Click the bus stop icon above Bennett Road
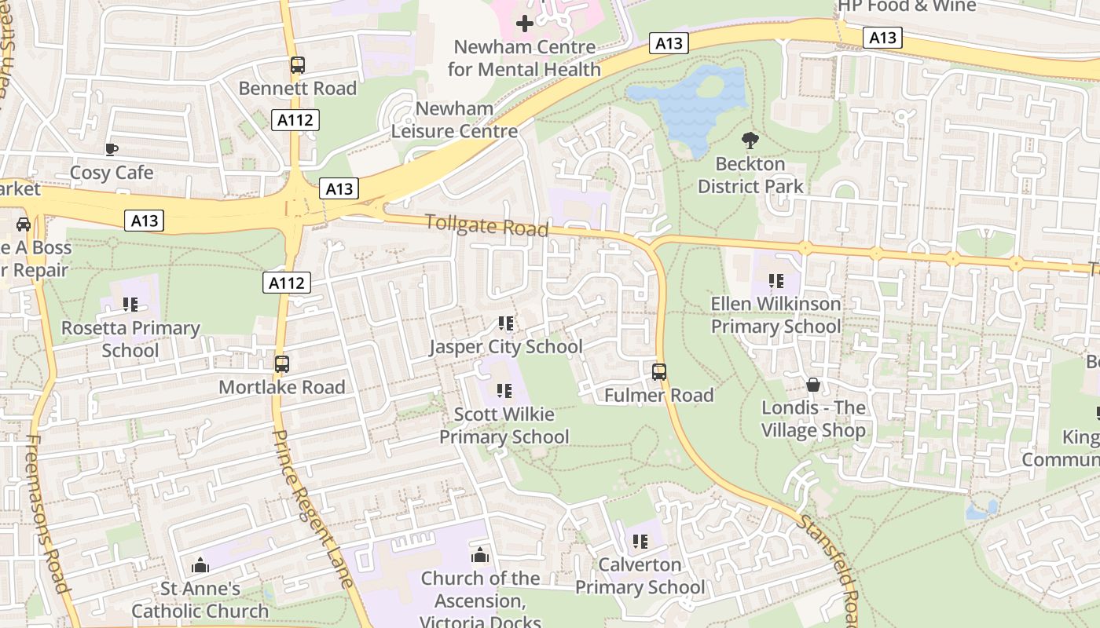pos(297,65)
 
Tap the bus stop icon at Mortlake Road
pos(281,364)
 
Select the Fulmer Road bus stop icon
pos(658,371)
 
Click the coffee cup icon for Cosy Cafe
pos(112,149)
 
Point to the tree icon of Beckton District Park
pos(750,141)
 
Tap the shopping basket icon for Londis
pos(813,385)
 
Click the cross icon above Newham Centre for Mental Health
pos(524,24)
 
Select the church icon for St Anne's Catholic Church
pos(200,565)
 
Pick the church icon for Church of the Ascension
pos(480,556)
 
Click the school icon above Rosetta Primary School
pos(130,305)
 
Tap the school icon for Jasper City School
pos(506,323)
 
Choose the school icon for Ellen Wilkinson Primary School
pos(775,281)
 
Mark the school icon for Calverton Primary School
pos(640,542)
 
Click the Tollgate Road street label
pos(486,225)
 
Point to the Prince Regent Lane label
pos(312,508)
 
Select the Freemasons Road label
pos(48,514)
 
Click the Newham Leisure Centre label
pos(455,119)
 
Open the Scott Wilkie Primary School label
pos(504,425)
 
